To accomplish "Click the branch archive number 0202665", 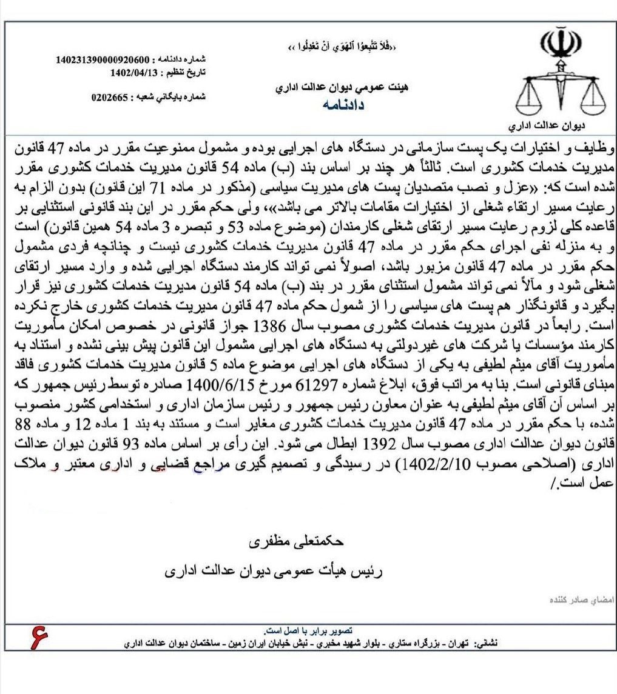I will (x=112, y=97).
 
